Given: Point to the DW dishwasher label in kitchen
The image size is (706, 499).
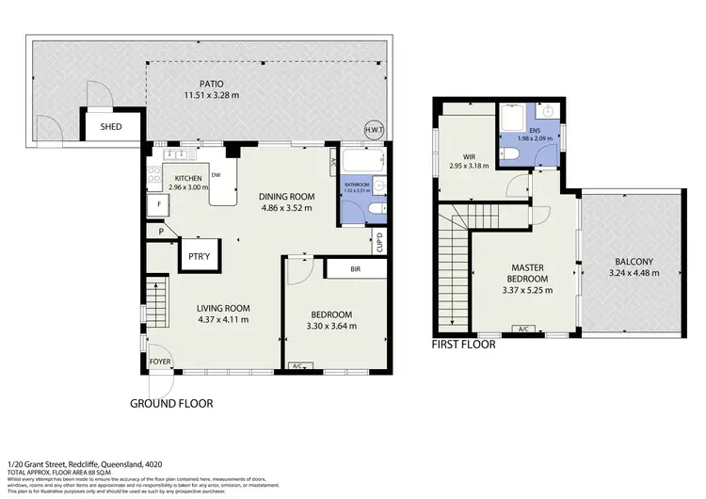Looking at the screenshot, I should point(217,174).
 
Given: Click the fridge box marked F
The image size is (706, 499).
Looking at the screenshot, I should point(160,203).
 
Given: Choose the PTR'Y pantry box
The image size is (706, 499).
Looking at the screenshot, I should point(199,255).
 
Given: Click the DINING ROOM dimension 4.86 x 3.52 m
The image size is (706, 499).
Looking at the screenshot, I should point(285,208).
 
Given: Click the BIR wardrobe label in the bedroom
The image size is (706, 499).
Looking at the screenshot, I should point(355,269).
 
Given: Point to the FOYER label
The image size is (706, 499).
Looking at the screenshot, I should point(161,360).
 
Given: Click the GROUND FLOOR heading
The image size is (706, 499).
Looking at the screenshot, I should point(172,404).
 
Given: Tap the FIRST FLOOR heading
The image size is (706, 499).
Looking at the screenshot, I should point(463,345).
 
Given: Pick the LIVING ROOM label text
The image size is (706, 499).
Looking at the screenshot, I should point(222,308).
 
